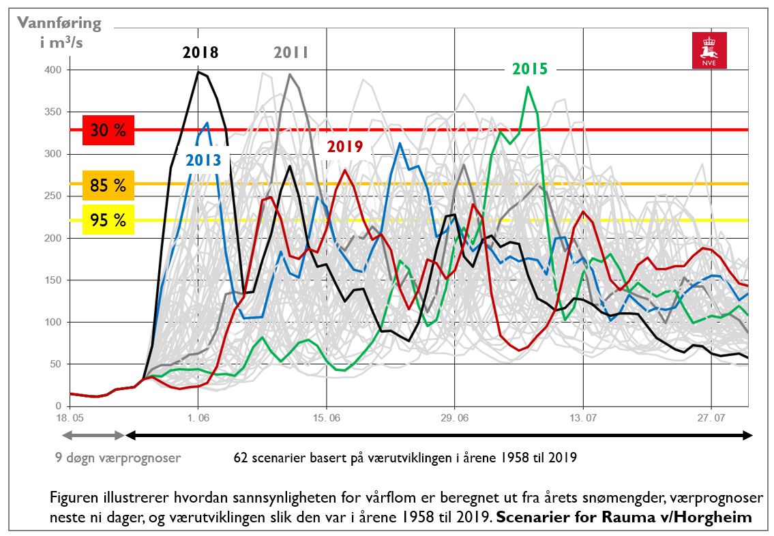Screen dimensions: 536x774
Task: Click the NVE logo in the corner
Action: tap(709, 50)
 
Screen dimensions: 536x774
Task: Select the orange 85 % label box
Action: tap(108, 185)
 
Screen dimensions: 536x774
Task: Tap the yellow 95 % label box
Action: tap(108, 220)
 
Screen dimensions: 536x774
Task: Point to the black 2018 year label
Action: tap(200, 53)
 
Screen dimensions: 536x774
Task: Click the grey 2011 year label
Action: tap(291, 53)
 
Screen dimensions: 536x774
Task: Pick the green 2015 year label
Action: tap(530, 68)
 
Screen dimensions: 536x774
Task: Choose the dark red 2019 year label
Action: tap(344, 146)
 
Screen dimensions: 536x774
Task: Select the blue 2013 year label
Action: tap(204, 160)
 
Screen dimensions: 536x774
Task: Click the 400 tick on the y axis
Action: tap(53, 70)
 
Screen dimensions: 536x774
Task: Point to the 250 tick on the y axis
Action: tap(53, 196)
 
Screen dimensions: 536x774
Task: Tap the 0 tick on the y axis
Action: tap(59, 406)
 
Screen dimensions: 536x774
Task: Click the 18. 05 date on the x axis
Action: tap(70, 417)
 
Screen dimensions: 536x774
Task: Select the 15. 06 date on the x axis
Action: tap(326, 417)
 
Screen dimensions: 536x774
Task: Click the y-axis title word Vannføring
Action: tap(59, 23)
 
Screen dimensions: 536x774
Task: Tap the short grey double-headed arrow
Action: tap(93, 435)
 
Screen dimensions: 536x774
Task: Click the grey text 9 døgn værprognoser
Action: tap(118, 458)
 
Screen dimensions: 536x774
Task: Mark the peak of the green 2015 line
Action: tap(528, 87)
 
